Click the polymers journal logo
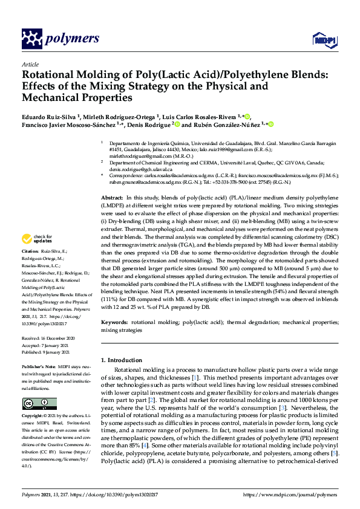60,39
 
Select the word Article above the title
30,64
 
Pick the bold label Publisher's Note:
39,367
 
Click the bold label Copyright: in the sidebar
33,417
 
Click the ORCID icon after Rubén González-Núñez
271,125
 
